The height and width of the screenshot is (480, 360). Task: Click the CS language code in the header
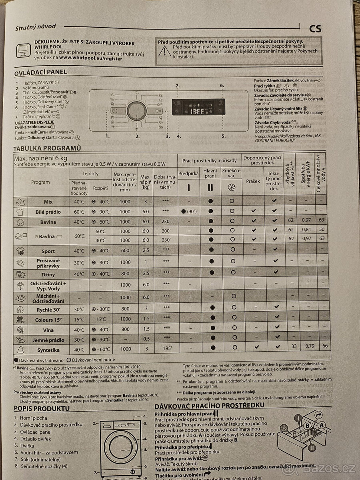point(315,29)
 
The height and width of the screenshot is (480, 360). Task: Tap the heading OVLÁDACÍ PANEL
point(40,72)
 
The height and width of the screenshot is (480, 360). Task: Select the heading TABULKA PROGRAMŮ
point(47,148)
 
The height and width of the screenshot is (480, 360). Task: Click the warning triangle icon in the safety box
point(164,50)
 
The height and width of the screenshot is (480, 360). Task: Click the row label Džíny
point(48,274)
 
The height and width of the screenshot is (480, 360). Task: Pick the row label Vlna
point(48,329)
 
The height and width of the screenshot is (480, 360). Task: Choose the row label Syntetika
point(48,349)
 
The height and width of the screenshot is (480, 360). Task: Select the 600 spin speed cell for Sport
point(125,251)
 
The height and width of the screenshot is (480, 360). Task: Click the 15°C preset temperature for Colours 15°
point(79,319)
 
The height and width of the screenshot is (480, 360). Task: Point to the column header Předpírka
point(188,174)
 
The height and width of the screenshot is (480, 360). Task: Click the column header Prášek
point(253,181)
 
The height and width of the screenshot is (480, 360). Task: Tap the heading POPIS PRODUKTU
point(42,408)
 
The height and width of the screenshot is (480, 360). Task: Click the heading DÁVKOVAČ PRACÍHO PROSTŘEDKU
point(209,405)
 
